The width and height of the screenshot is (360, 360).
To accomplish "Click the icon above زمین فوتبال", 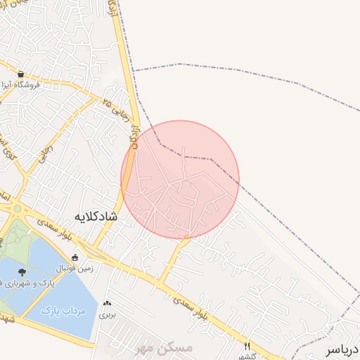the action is tap(75, 257).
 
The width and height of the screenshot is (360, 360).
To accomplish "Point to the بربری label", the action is tap(107, 314).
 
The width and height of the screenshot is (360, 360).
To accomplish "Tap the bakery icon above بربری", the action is tap(107, 304).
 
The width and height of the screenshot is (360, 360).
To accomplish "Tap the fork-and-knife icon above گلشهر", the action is tap(247, 346).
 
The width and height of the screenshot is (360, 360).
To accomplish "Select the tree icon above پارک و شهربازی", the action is tap(22, 272).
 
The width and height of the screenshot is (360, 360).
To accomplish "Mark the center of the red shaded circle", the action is tap(180, 179).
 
